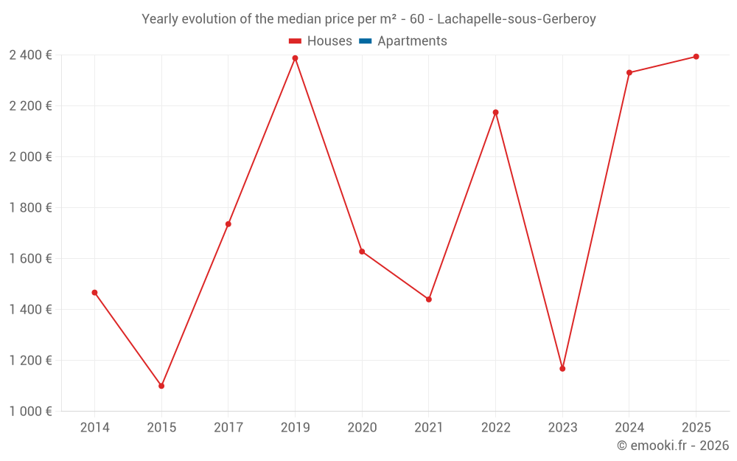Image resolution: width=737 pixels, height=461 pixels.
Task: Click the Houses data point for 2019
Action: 295,58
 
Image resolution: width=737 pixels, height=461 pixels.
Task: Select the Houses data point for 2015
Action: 161,386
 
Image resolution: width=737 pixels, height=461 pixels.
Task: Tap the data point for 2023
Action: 562,368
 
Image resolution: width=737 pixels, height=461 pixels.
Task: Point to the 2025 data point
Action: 696,57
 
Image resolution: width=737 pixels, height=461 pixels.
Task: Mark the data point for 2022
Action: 495,112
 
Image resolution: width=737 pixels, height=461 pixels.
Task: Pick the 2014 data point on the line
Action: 94,293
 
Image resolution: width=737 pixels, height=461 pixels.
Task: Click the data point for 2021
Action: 429,299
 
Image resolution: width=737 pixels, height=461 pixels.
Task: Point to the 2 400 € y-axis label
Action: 30,55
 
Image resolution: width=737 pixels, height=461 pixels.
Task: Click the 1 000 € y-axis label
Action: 30,412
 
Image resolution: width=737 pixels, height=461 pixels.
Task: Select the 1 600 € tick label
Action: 30,259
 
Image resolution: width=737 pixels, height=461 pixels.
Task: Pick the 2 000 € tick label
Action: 30,157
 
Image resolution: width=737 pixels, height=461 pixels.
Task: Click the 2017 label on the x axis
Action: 228,428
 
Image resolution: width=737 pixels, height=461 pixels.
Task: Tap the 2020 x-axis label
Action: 362,428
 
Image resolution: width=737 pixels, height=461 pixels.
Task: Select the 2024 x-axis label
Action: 629,428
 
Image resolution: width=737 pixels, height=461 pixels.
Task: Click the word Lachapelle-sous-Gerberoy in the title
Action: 516,19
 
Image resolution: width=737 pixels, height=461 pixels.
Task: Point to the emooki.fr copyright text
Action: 673,446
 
